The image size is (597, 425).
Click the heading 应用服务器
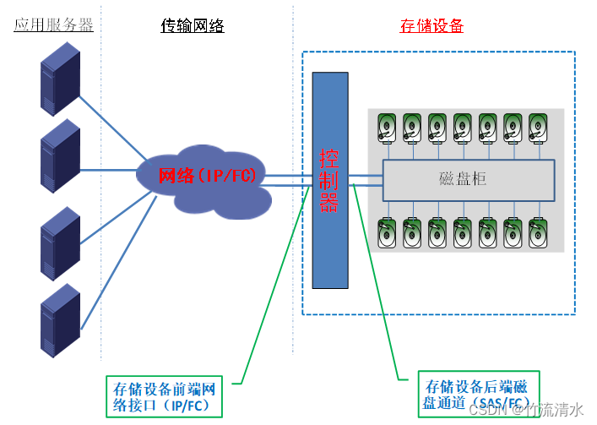[53, 25]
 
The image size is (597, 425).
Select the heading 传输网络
[193, 25]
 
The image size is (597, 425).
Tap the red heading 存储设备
[431, 25]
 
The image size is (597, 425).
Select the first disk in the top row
[387, 128]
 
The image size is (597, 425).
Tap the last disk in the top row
[538, 128]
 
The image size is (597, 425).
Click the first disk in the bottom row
[387, 232]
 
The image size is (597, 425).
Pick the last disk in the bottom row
[538, 232]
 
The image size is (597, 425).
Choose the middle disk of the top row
[463, 128]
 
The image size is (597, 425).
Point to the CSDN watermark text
[528, 411]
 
